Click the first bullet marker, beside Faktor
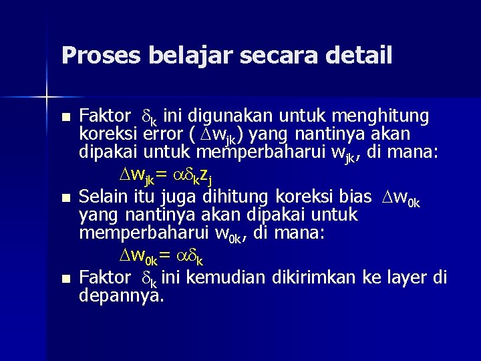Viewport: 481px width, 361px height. (x=65, y=118)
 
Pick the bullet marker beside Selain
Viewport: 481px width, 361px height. (x=65, y=199)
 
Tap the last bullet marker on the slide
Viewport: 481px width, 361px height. (x=65, y=279)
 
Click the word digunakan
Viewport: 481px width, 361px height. (x=228, y=116)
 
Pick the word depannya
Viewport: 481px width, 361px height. (x=121, y=295)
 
